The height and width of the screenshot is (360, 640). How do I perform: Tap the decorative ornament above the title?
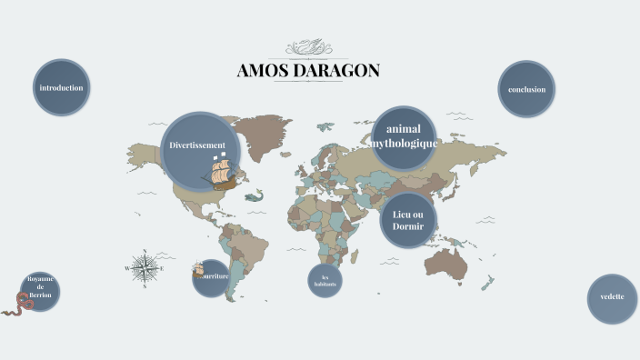(308, 46)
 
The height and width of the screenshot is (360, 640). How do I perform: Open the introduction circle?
(62, 88)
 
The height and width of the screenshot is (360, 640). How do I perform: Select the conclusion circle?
(526, 89)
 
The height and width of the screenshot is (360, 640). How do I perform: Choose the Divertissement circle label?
(196, 145)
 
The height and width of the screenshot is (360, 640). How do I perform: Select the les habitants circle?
(325, 279)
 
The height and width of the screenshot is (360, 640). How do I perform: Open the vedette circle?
(612, 298)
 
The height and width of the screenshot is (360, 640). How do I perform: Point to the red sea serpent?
(18, 305)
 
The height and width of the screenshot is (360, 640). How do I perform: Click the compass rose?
(143, 267)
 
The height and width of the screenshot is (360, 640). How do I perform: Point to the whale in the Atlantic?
(255, 195)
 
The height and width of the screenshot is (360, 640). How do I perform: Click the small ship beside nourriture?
(197, 270)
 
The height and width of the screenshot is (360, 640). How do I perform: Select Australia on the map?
(446, 265)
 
